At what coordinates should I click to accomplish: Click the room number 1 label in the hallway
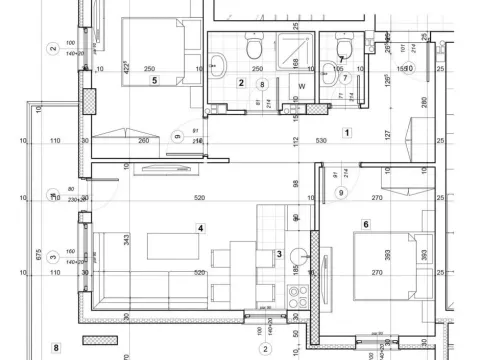point(347,132)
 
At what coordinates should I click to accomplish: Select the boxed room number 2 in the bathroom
point(241,83)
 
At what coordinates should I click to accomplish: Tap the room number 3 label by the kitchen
point(279,255)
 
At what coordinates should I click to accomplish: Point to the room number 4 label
point(201,228)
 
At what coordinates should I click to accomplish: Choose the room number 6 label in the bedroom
point(366,225)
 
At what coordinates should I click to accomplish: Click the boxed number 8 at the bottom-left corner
point(56,348)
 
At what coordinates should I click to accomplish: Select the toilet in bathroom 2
point(254,47)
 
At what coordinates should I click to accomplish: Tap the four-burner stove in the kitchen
point(296,296)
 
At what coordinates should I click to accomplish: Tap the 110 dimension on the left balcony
point(55,141)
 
